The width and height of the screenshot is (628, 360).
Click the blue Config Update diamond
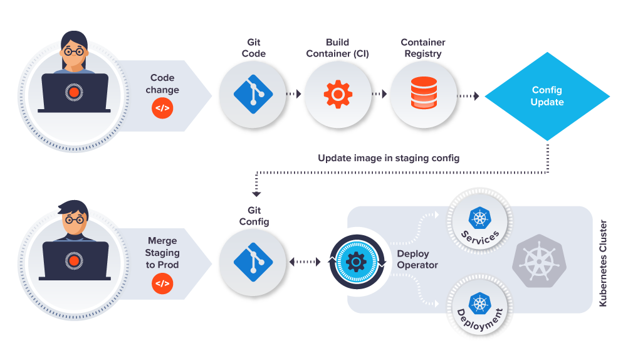coord(547,96)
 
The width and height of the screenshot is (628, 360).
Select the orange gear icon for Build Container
coord(338,94)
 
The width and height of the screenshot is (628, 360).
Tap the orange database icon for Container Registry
coord(424,93)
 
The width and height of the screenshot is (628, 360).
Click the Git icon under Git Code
coord(253,95)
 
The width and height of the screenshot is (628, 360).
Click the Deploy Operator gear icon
coord(356,262)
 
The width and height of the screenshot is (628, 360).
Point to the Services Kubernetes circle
coord(479,221)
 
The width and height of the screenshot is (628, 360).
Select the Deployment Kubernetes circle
coord(479,307)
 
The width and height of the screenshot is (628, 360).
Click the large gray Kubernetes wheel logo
coord(539,261)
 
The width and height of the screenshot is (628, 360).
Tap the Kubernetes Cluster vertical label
coord(603,263)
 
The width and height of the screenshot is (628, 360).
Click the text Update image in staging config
coord(389,158)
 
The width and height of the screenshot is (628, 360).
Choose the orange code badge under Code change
coord(162,109)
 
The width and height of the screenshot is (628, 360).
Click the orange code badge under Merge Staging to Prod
coord(162,283)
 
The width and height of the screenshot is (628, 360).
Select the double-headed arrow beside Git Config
coord(305,262)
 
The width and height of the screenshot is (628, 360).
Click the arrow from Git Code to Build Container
coord(293,94)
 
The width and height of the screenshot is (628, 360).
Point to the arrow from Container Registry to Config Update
coord(468,96)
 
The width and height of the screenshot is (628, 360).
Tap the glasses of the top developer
coord(74,51)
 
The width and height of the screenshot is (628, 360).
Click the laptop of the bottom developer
coord(75,260)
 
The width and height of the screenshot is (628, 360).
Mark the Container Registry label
coord(423,48)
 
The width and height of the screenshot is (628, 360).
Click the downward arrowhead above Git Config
coord(256,194)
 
